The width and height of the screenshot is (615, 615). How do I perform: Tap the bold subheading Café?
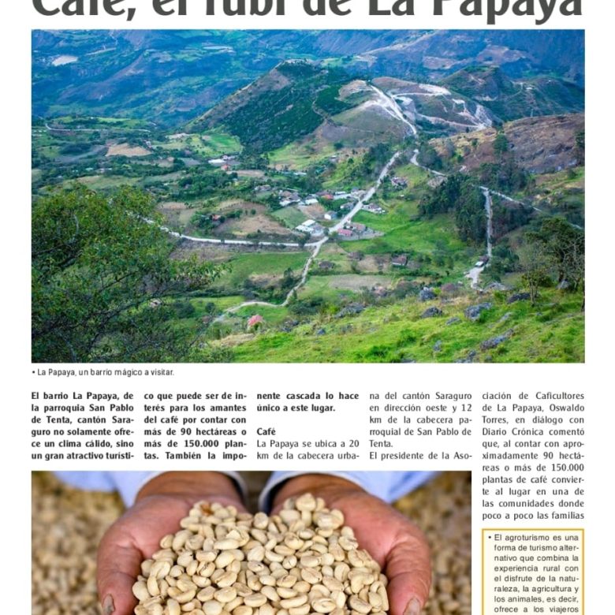(266, 431)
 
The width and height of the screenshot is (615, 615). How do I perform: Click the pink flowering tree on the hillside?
(255, 322)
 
